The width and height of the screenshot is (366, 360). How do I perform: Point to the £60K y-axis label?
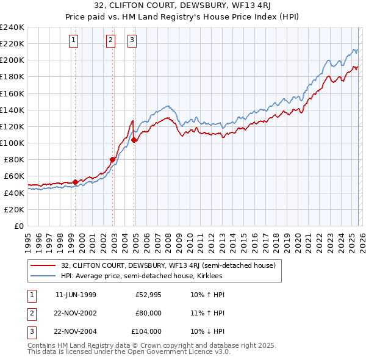tap(13, 176)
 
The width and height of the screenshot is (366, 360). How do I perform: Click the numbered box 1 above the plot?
tap(73, 41)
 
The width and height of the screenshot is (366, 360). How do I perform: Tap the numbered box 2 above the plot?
tap(110, 41)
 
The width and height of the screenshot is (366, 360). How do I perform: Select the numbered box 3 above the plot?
tap(132, 41)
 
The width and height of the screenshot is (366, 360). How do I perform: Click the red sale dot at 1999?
tap(75, 182)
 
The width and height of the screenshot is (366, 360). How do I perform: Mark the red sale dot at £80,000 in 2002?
tap(112, 160)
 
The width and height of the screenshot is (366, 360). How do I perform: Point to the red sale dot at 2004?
tap(134, 140)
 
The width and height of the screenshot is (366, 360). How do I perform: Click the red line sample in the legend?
tap(43, 265)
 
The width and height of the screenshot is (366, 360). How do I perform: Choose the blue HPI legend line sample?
tap(43, 276)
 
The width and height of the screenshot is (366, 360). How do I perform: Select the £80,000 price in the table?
tap(148, 313)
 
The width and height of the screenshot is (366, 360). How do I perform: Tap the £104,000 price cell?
tap(146, 331)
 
